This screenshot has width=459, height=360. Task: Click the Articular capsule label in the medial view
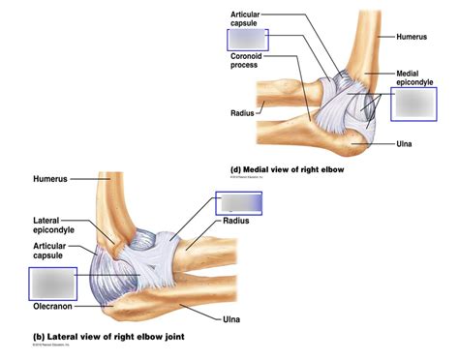251,18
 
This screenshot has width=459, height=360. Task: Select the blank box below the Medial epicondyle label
421,104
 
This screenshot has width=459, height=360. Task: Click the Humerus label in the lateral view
51,179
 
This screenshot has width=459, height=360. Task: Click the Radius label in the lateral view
235,221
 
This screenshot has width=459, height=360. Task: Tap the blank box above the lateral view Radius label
238,202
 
